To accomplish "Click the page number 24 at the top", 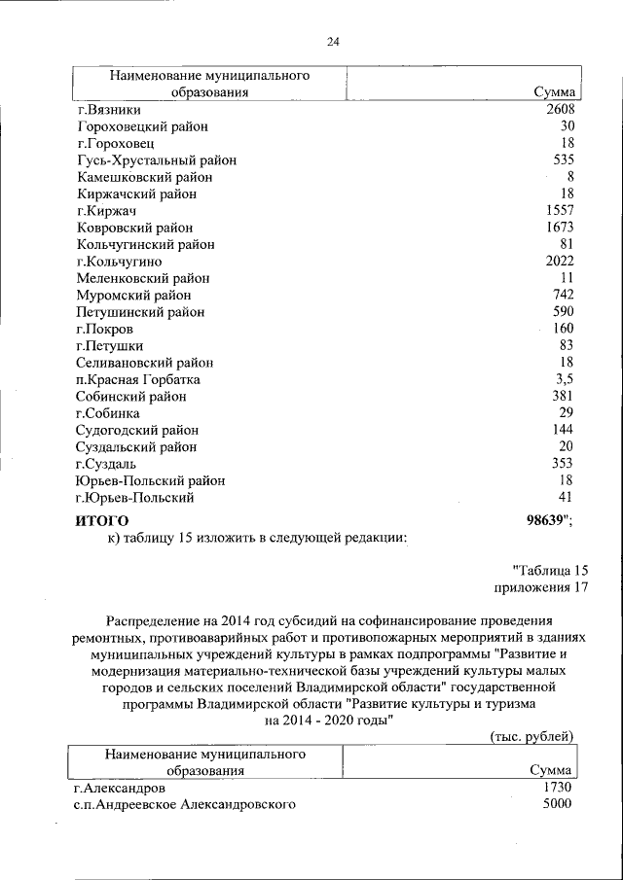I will point(333,42).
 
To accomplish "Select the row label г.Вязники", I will point(111,110).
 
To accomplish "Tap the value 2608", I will point(561,110).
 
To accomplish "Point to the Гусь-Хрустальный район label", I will point(156,160).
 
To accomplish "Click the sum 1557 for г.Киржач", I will point(561,211).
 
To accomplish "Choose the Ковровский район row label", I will point(134,228).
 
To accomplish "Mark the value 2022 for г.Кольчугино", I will point(561,262).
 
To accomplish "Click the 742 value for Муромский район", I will point(564,295).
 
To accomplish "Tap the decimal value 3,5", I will point(565,379).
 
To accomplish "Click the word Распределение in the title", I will point(152,619).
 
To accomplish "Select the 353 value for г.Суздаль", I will point(564,464).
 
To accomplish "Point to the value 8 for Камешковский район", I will point(570,177).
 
